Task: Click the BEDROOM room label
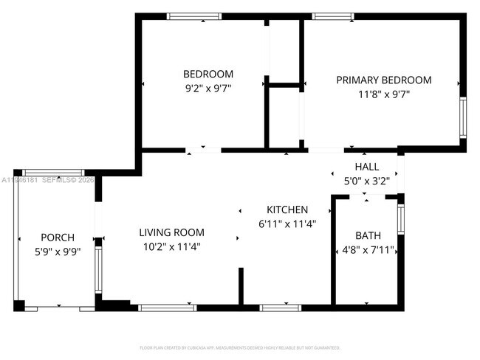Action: pyautogui.click(x=208, y=74)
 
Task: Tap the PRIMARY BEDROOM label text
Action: pyautogui.click(x=384, y=80)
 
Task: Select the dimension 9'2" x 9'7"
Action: pyautogui.click(x=208, y=88)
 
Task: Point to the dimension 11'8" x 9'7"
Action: pyautogui.click(x=384, y=94)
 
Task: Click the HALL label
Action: pyautogui.click(x=367, y=167)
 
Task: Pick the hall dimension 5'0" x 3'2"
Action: pyautogui.click(x=367, y=180)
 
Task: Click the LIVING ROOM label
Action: pyautogui.click(x=171, y=232)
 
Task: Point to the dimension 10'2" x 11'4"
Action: pyautogui.click(x=171, y=246)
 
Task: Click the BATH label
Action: pyautogui.click(x=368, y=235)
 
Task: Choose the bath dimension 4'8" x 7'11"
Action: pyautogui.click(x=368, y=249)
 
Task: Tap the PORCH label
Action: pyautogui.click(x=58, y=238)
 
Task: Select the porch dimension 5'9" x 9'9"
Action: pyautogui.click(x=58, y=252)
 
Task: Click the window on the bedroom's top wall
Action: pyautogui.click(x=193, y=16)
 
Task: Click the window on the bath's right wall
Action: pyautogui.click(x=400, y=218)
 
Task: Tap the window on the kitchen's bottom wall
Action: pyautogui.click(x=275, y=307)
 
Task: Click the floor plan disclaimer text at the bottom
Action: pyautogui.click(x=240, y=347)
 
